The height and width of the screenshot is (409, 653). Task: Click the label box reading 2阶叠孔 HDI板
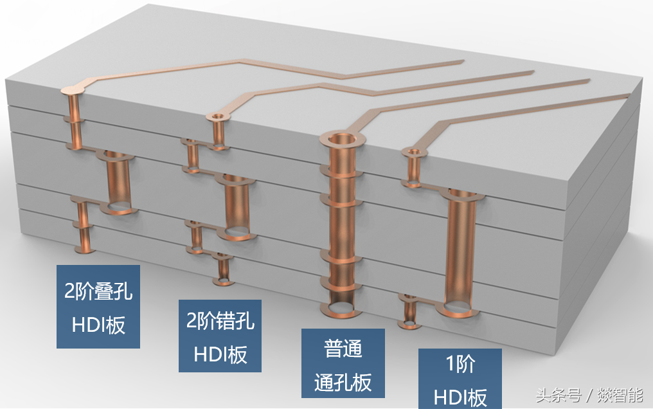(x=98, y=307)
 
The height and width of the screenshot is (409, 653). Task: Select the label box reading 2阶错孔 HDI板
(x=220, y=336)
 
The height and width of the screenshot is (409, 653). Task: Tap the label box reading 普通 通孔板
(x=343, y=364)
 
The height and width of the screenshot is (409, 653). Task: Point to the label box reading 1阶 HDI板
(x=460, y=379)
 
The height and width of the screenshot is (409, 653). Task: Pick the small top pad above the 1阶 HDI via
(x=413, y=153)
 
